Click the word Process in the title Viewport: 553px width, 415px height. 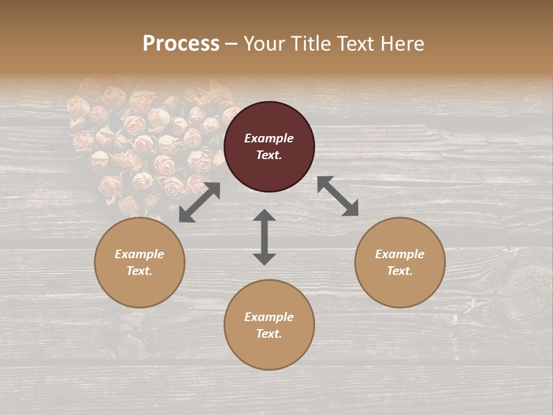coord(181,44)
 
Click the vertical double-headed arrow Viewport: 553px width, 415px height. coord(264,237)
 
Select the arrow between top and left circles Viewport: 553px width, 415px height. coord(199,202)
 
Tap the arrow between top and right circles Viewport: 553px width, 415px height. coord(338,196)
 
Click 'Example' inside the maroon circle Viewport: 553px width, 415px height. coord(269,138)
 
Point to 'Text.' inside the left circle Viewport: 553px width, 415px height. coord(139,271)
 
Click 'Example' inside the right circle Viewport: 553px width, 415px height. coord(400,254)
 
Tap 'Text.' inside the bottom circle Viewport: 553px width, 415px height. coord(269,334)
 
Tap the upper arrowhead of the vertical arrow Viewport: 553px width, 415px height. coord(264,216)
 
